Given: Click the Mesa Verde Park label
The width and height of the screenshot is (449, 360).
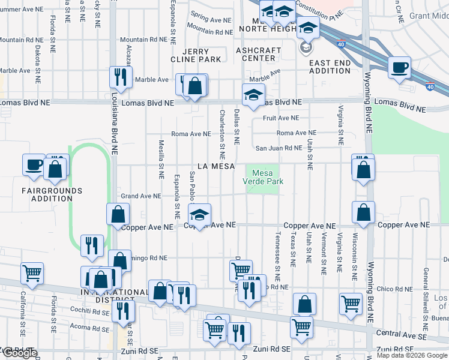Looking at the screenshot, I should point(263,176).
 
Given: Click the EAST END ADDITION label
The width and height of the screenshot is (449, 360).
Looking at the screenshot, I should point(330,67).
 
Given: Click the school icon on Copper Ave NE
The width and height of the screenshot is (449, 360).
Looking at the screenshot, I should point(199,214).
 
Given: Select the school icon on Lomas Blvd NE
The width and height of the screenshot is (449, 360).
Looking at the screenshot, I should point(253,94).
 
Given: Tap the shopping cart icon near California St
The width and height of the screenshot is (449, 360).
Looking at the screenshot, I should point(32,273).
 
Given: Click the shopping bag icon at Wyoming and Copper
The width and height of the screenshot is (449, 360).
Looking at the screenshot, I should point(363,212).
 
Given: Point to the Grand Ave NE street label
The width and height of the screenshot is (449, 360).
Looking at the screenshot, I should point(140,196).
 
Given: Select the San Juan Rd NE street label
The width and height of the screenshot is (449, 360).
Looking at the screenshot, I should point(279,148).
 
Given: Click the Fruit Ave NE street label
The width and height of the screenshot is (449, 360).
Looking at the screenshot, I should point(280,118).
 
